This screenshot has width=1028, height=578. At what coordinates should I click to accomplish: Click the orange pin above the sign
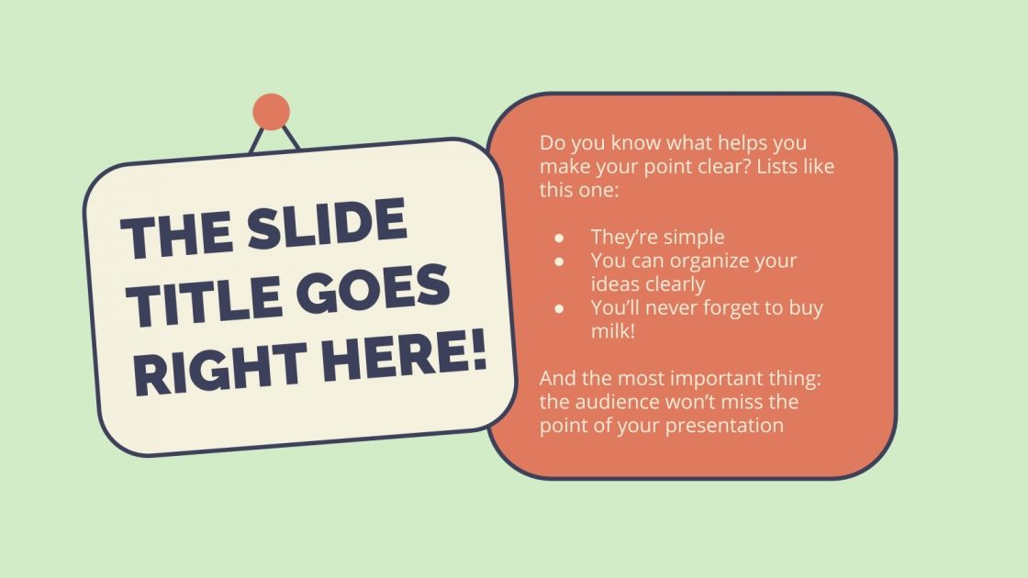271,111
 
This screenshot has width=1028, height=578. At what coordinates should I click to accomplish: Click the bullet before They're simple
558,238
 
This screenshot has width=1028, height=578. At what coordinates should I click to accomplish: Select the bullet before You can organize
558,261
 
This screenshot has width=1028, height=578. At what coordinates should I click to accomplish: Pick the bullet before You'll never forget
558,308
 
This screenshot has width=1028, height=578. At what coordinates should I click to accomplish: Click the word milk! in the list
613,331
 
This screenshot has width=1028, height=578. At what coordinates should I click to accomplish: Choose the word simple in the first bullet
693,238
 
